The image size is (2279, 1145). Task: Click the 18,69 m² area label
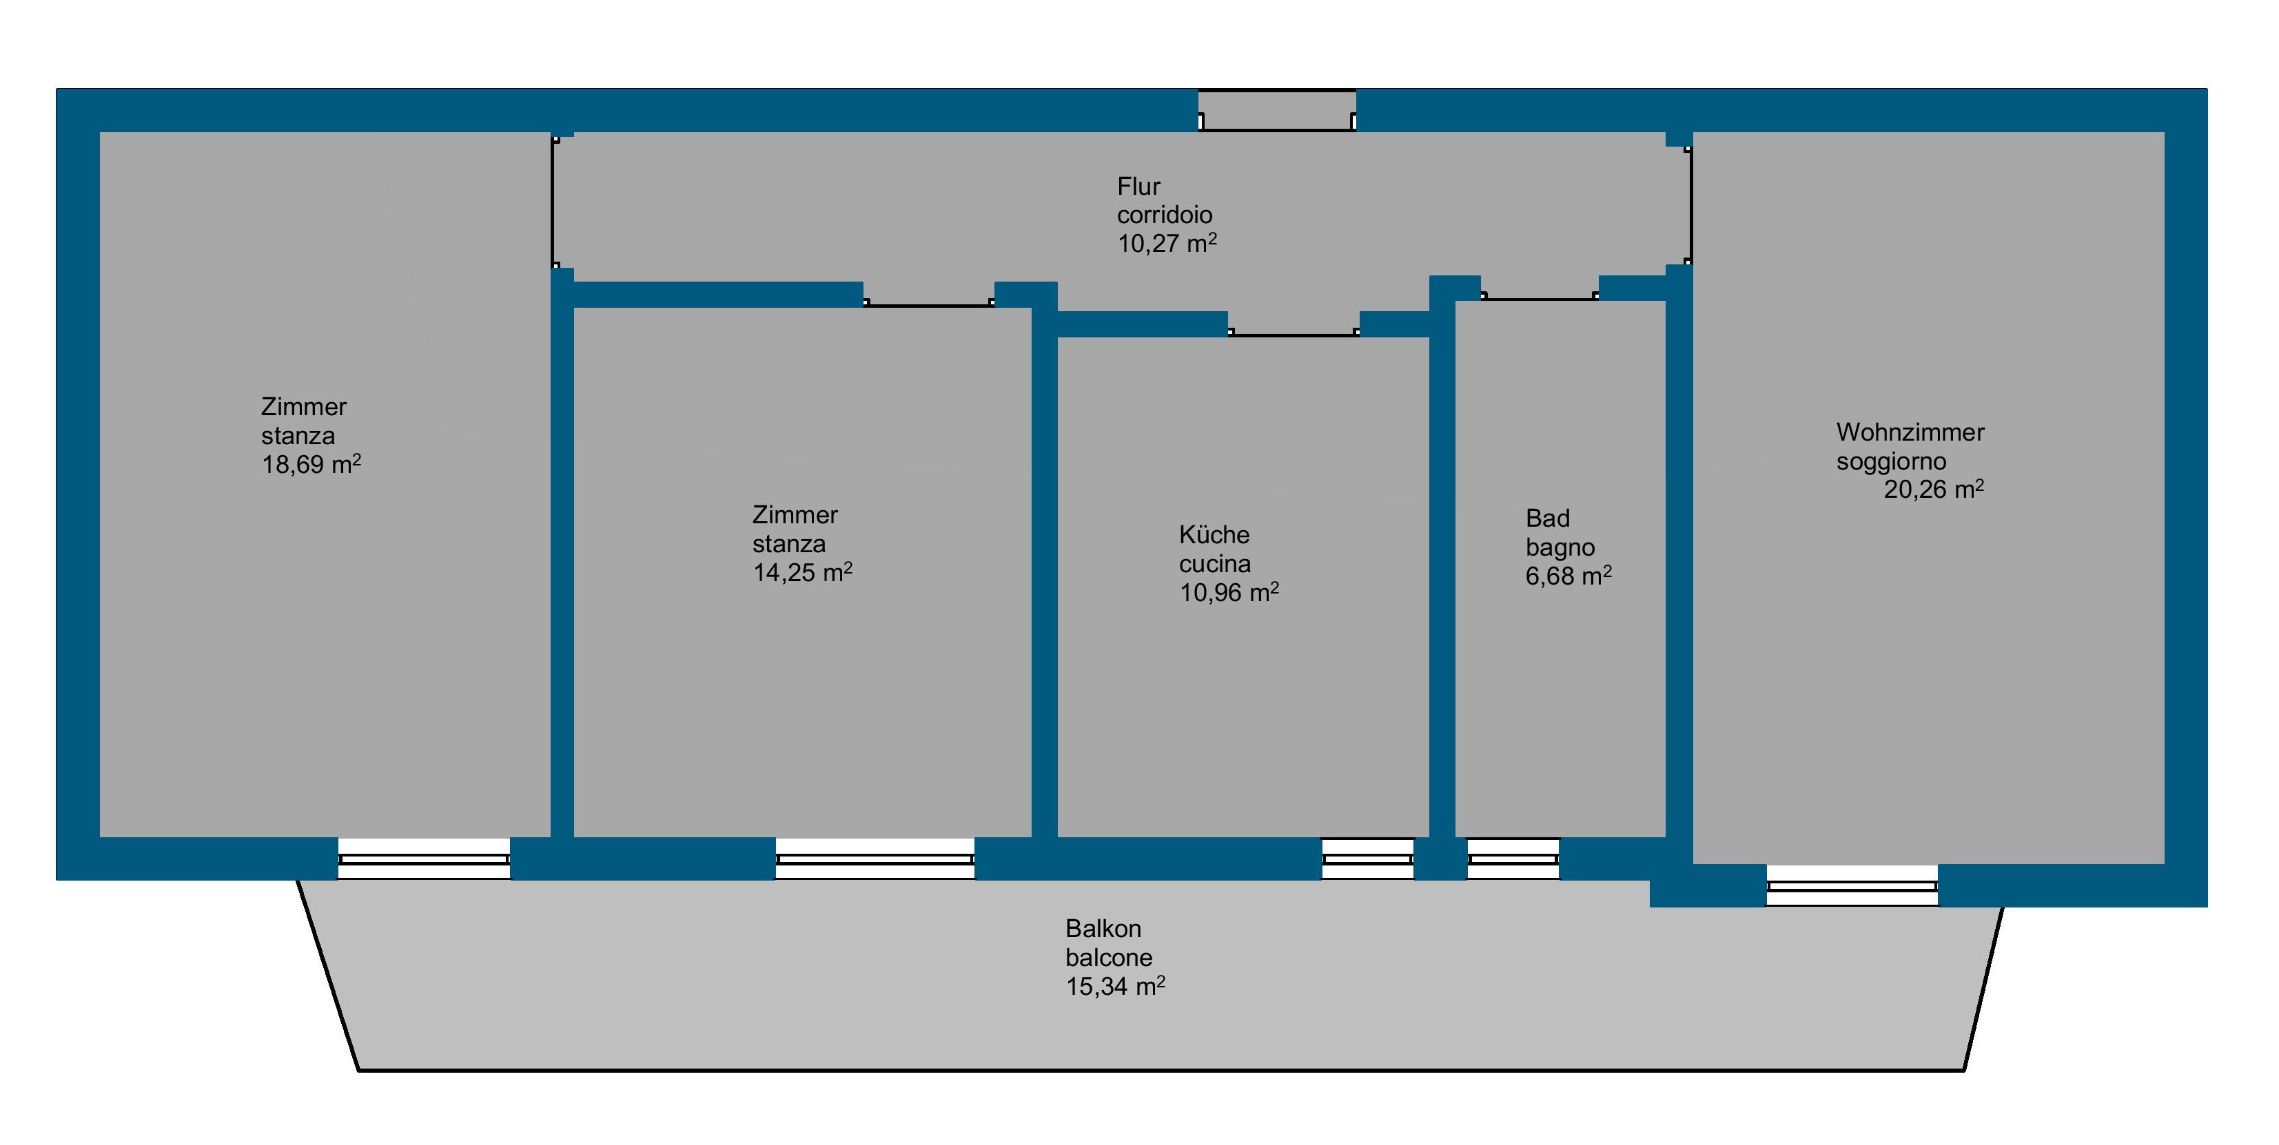pos(311,464)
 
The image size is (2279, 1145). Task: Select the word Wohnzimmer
pos(1909,432)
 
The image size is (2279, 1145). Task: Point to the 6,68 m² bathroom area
pos(1568,576)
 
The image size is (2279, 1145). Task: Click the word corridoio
pos(1163,215)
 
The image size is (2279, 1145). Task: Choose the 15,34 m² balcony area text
pos(1115,986)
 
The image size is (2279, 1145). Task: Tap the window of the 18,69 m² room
pos(424,859)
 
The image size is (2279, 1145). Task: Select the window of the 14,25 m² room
pos(875,859)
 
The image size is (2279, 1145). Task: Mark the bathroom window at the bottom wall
pos(1513,859)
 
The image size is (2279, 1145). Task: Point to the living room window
pos(1852,886)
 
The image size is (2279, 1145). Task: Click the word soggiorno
pos(1890,461)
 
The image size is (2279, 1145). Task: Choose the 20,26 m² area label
pos(1933,489)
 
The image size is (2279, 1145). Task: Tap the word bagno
pos(1560,547)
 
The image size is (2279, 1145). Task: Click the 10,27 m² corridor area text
pos(1166,243)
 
